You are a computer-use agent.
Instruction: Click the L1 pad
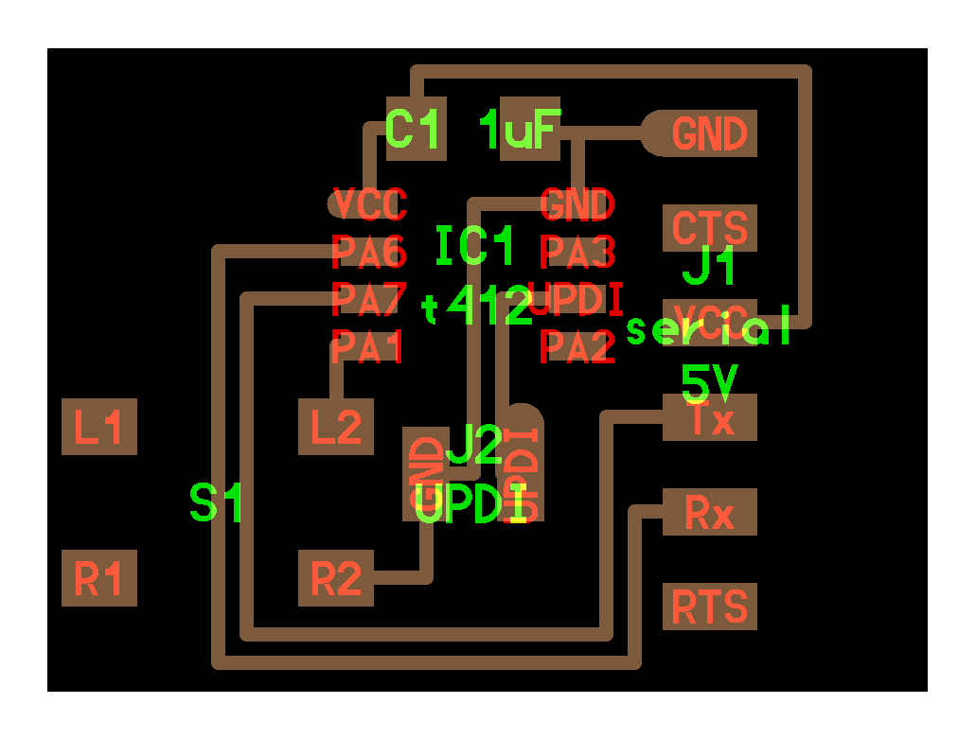tap(99, 428)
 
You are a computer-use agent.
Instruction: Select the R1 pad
tap(99, 578)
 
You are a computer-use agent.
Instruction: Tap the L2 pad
tap(336, 428)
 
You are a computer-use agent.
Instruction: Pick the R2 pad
tap(336, 578)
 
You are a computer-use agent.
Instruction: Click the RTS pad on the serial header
tap(710, 607)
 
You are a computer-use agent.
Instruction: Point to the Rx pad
tap(710, 513)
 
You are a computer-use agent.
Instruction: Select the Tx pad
tap(710, 418)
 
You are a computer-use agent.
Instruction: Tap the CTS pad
tap(710, 229)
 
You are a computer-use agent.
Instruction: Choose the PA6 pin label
tap(369, 253)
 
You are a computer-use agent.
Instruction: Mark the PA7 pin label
tap(369, 299)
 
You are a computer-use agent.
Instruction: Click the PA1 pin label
tap(368, 347)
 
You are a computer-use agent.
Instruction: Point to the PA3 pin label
tap(577, 253)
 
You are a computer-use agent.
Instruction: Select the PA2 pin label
tap(577, 347)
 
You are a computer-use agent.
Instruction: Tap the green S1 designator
tap(217, 502)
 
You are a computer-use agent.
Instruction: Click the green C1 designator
tap(415, 130)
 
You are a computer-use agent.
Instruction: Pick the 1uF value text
tap(521, 130)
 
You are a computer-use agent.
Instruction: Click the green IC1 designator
tap(475, 247)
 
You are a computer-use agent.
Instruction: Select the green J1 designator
tap(710, 268)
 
